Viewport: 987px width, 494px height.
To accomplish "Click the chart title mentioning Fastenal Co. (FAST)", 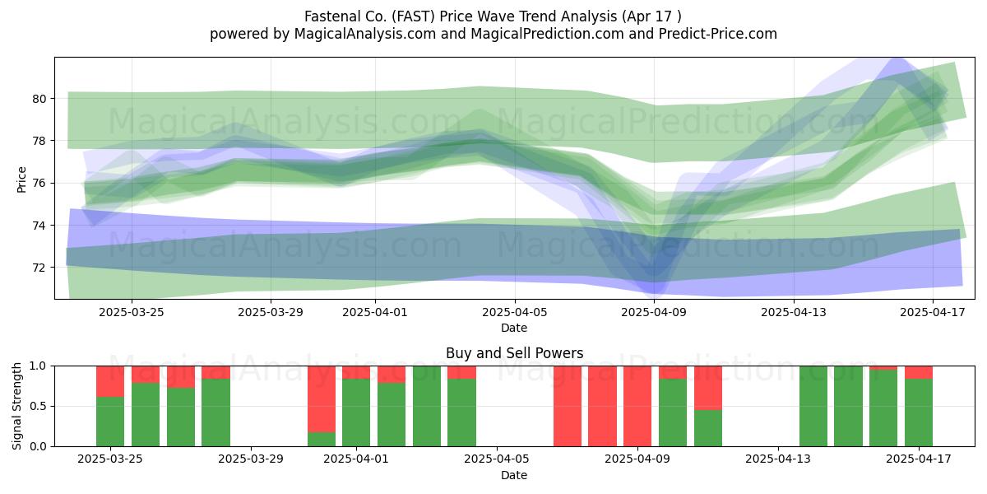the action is coord(493,16).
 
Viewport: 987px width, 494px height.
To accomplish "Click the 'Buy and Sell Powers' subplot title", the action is coord(514,353).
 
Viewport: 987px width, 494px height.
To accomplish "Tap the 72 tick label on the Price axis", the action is coord(39,268).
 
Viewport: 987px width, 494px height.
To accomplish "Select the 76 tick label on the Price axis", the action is coord(39,183).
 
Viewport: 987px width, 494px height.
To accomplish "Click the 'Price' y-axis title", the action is coord(21,179).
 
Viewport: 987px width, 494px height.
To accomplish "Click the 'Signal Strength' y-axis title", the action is coord(16,406).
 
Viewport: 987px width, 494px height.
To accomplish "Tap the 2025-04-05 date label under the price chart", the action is coord(514,312).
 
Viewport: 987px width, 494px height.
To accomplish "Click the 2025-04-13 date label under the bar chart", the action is coord(778,459).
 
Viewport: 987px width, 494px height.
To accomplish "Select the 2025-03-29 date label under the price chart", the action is coord(270,312).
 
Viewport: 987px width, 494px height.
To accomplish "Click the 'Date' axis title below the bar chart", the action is coord(514,475).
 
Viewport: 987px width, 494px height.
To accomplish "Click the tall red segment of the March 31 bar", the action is coord(322,399).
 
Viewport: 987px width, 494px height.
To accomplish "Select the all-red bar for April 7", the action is coord(567,406).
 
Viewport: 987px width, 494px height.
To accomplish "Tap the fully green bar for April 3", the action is coord(427,406).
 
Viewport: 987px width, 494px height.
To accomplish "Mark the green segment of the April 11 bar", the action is coord(708,428).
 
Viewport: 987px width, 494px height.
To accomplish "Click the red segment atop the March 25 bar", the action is coord(110,381).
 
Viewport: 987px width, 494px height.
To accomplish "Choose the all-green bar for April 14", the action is coord(813,406).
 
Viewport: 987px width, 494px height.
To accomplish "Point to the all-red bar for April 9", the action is coord(637,406).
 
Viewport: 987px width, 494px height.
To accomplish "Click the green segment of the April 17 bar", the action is coord(919,412).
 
